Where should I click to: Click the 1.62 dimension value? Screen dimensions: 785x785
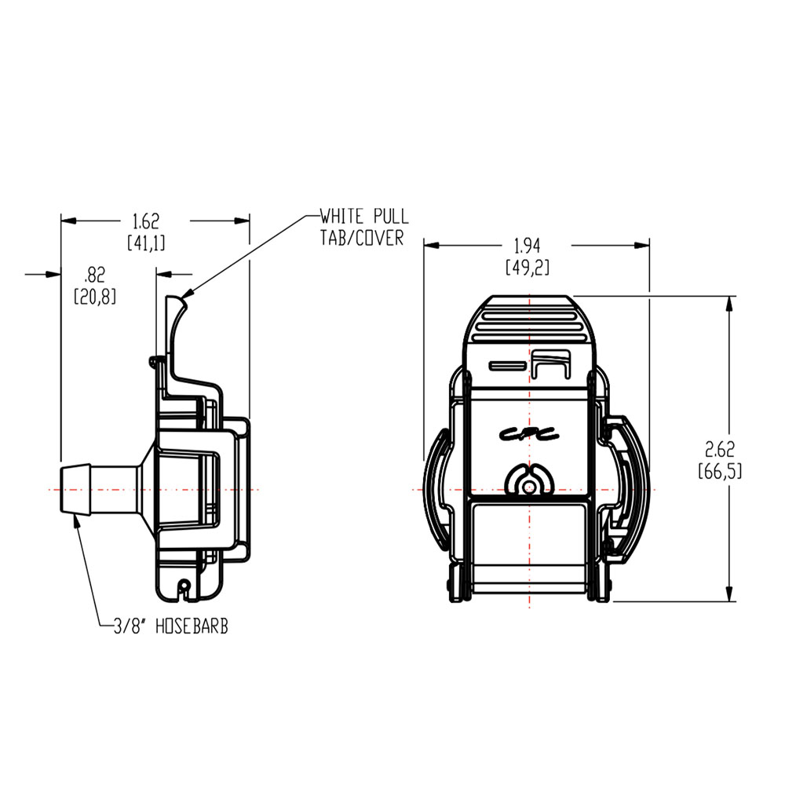pyautogui.click(x=146, y=221)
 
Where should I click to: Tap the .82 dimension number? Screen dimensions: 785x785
pyautogui.click(x=94, y=275)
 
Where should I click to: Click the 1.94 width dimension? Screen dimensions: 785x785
pyautogui.click(x=528, y=246)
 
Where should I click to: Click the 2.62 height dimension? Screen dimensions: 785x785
pyautogui.click(x=719, y=450)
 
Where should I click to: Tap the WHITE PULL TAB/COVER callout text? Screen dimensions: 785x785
pyautogui.click(x=363, y=227)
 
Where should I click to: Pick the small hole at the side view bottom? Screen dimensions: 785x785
pyautogui.click(x=183, y=585)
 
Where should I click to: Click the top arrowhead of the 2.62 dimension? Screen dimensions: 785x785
pyautogui.click(x=731, y=303)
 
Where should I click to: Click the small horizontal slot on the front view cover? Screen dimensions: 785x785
pyautogui.click(x=506, y=365)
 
